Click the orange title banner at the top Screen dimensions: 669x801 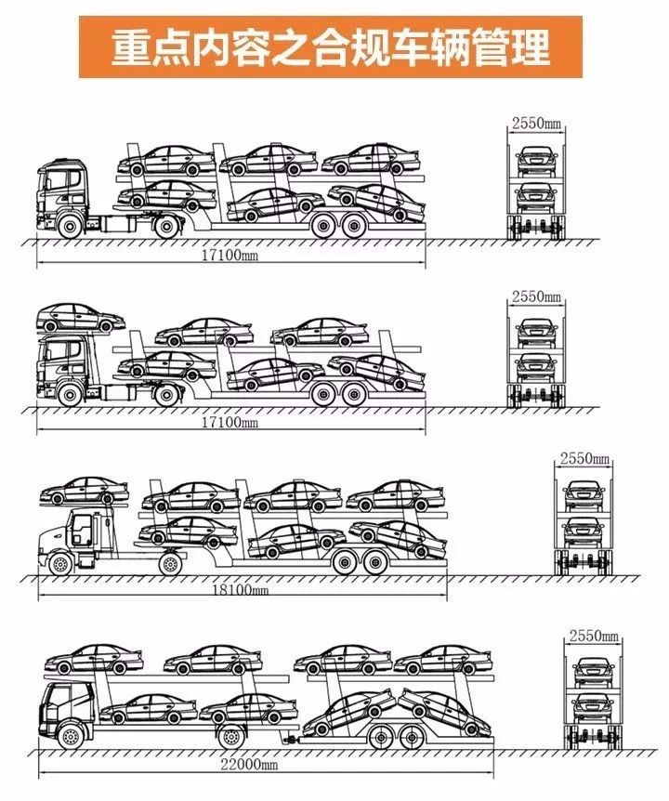331,47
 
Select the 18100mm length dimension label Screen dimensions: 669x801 240,589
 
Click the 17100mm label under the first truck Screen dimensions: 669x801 230,255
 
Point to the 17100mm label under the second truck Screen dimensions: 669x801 230,422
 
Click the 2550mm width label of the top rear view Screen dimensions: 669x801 536,123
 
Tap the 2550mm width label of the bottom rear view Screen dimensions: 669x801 594,637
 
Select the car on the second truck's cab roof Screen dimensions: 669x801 81,317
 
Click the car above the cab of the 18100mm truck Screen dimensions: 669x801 85,491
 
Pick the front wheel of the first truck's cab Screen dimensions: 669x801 71,226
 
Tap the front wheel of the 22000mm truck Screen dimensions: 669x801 72,736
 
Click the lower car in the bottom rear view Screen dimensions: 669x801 592,707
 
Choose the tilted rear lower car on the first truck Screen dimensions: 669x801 377,203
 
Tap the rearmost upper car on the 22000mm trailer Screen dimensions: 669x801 442,660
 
